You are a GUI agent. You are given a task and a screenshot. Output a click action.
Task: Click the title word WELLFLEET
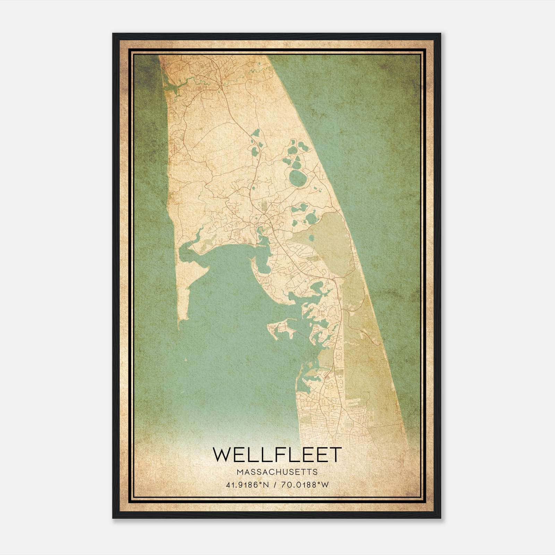click(x=277, y=454)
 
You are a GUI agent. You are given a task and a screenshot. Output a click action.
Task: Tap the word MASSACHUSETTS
click(x=277, y=472)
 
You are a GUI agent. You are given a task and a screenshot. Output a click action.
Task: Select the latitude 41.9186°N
click(x=247, y=485)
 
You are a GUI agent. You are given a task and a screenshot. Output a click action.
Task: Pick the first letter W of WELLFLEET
click(x=221, y=454)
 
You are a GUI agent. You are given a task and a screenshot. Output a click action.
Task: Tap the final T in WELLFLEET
click(x=335, y=454)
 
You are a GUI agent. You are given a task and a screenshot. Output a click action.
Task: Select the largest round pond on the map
click(x=296, y=178)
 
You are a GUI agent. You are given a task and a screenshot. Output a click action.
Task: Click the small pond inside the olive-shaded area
click(x=311, y=238)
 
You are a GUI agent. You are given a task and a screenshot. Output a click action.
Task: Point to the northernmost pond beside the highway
click(x=257, y=133)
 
